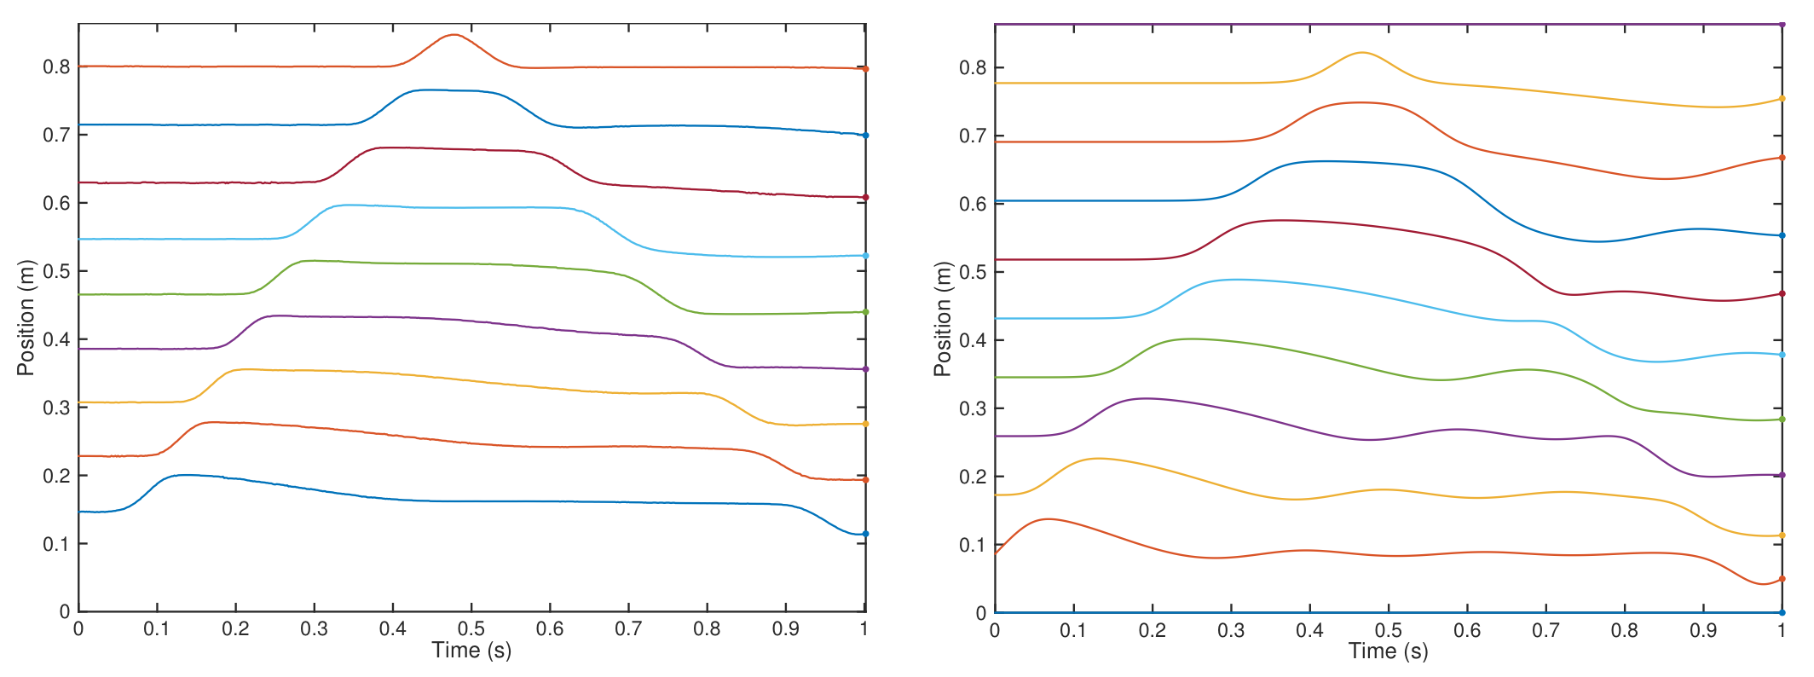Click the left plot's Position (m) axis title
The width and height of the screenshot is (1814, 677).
[26, 317]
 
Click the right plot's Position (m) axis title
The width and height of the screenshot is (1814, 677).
[942, 319]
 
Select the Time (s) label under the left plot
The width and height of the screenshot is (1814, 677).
[471, 651]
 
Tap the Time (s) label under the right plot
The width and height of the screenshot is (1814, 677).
[1388, 651]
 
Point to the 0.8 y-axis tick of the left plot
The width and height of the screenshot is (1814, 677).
[56, 67]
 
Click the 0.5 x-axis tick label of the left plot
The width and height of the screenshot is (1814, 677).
[471, 629]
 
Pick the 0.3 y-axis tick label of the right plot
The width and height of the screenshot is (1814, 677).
[973, 408]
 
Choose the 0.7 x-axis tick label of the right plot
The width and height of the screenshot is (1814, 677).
[1545, 631]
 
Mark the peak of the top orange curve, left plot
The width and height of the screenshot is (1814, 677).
[453, 35]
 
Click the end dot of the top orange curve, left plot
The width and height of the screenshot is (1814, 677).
[865, 69]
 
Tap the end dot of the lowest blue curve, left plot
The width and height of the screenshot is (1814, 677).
[865, 534]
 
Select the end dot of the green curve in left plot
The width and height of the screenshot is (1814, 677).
[865, 312]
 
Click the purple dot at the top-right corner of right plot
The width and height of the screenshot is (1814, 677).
[1782, 24]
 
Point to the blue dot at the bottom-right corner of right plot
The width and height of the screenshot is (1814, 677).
[1782, 612]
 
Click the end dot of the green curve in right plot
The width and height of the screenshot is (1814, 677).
[1782, 420]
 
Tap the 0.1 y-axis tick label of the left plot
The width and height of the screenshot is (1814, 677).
[56, 544]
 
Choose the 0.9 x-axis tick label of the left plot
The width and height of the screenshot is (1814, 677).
[786, 629]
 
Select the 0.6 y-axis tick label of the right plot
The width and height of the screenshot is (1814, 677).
[973, 204]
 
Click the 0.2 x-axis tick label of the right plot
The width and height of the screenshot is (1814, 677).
[1152, 631]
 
